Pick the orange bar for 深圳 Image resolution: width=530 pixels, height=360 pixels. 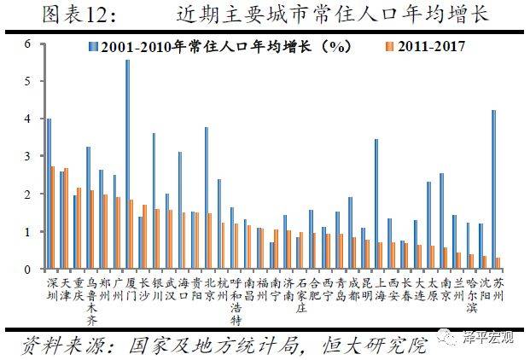click(53, 218)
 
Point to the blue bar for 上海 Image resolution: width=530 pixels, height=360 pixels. click(376, 204)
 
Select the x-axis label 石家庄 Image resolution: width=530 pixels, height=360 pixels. click(300, 294)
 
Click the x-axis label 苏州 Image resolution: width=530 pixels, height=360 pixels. click(497, 288)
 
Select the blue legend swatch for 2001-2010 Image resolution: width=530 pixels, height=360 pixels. click(92, 49)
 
